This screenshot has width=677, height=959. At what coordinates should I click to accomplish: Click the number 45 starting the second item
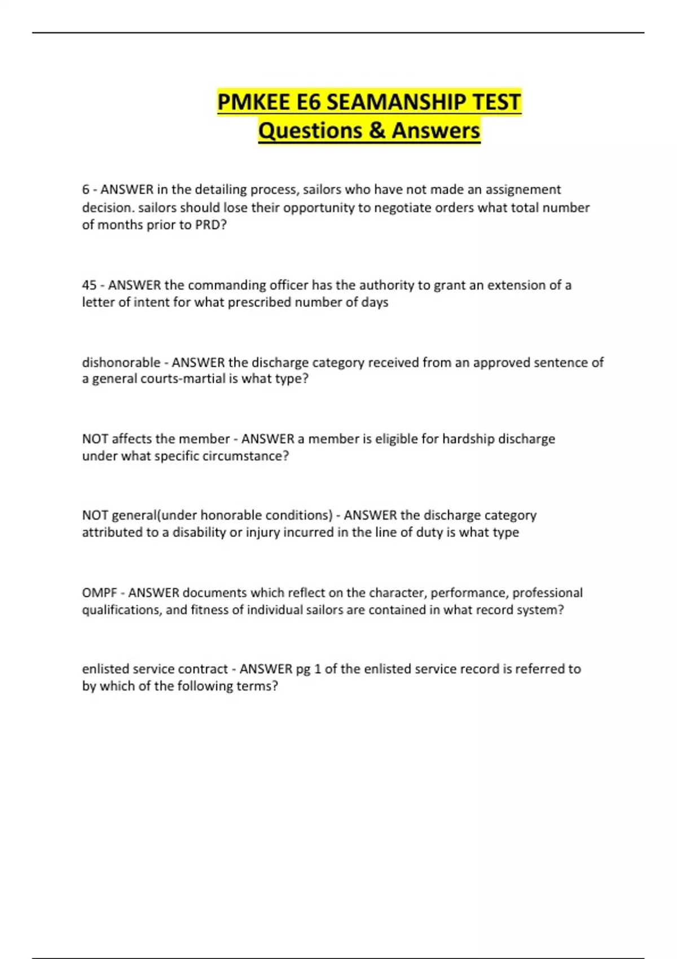pyautogui.click(x=89, y=285)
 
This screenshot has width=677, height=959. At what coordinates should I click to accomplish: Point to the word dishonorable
pyautogui.click(x=121, y=362)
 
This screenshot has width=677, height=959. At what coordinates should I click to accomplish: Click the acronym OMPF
pyautogui.click(x=99, y=593)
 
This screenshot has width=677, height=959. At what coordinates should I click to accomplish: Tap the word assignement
pyautogui.click(x=523, y=190)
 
